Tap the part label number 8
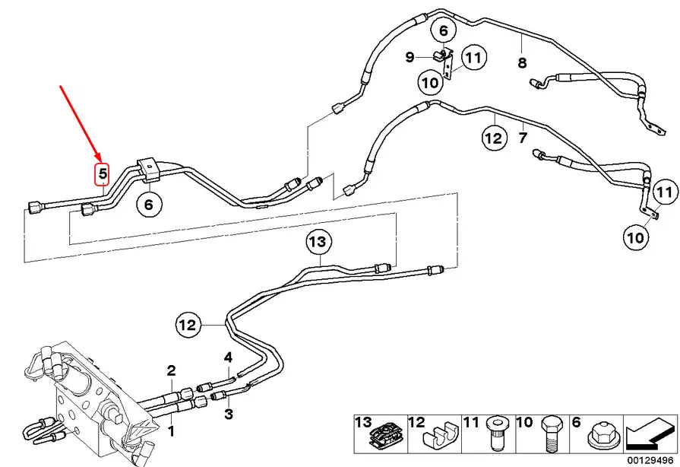pos(522,62)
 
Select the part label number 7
pos(522,138)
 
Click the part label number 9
pos(408,57)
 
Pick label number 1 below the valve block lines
pos(172,431)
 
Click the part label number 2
pos(172,370)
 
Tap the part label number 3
pos(227,414)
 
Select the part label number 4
pos(227,357)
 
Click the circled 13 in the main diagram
pos(320,243)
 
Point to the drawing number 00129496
pos(650,459)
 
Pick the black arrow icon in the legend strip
pos(649,435)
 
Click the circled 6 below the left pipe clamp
pos(148,204)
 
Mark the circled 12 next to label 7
pos(493,138)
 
